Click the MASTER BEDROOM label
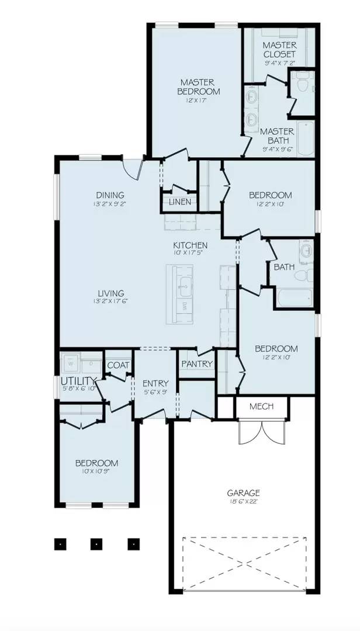(199, 86)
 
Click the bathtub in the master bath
(306, 138)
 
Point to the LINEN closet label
(179, 202)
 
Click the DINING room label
(110, 195)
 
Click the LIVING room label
(110, 293)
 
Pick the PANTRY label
(196, 364)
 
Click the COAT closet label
(118, 365)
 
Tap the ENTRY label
(155, 383)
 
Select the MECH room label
(261, 406)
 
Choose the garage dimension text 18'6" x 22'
(244, 502)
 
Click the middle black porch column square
(96, 543)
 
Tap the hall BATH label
(284, 267)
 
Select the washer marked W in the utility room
(72, 363)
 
